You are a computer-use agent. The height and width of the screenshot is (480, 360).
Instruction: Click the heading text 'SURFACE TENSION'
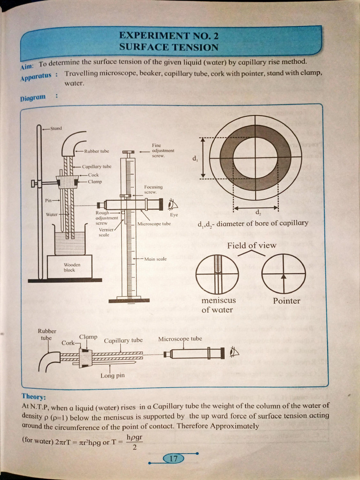pos(169,47)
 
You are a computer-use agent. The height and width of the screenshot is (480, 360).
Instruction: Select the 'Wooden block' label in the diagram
pos(69,267)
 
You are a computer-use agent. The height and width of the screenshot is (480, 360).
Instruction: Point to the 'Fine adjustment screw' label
pos(163,150)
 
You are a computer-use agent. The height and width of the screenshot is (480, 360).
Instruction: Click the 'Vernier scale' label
pos(104,232)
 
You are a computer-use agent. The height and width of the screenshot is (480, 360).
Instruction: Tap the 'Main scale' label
pos(156,259)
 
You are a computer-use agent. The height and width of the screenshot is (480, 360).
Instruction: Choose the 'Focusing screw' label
pos(153,189)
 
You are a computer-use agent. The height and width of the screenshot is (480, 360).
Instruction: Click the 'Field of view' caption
pos(252,245)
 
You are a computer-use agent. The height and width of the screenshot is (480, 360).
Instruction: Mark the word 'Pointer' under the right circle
pos(286,301)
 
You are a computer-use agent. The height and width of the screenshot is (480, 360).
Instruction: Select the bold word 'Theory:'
pos(34,396)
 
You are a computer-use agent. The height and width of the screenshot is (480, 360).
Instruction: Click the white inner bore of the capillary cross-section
pos(255,157)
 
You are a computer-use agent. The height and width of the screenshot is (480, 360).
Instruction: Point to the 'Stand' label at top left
pos(56,128)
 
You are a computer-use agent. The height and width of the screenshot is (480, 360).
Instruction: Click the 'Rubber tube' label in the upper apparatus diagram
pos(97,151)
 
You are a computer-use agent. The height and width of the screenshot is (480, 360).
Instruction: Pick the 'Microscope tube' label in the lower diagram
pos(180,339)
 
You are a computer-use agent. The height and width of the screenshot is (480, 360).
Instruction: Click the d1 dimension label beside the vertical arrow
pos(195,158)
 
